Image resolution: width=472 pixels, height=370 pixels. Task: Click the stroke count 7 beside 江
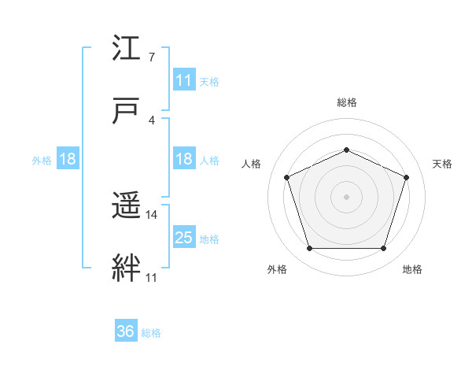[x=152, y=57]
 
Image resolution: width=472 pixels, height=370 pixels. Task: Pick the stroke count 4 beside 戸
[x=152, y=120]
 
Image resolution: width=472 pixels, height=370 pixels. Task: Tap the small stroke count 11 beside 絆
[x=152, y=277]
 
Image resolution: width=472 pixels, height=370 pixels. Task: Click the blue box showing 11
[x=184, y=80]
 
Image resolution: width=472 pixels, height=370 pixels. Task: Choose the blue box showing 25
[x=184, y=238]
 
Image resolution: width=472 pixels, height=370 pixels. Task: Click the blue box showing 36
[x=126, y=331]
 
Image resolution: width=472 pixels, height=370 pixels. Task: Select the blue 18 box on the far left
[x=68, y=159]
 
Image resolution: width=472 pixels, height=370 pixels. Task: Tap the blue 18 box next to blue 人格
[x=184, y=159]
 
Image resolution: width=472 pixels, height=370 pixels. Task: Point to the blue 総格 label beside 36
[x=151, y=333]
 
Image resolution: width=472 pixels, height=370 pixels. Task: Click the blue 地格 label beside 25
[x=209, y=239]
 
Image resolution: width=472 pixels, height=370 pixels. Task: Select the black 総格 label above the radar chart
[x=346, y=103]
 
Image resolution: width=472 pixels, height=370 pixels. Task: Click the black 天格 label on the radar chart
[x=443, y=164]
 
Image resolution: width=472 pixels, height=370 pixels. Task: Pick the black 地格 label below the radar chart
[x=412, y=270]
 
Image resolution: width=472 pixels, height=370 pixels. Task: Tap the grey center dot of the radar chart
[x=346, y=196]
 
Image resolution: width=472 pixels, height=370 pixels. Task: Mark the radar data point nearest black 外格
[x=309, y=249]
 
